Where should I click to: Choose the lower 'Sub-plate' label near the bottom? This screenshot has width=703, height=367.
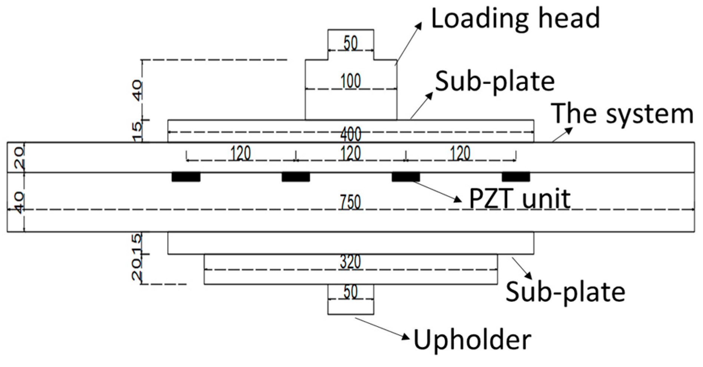click(565, 292)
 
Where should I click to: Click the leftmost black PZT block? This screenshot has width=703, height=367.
click(186, 177)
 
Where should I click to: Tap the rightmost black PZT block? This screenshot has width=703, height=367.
click(516, 177)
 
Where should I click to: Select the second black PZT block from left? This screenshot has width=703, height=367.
click(296, 177)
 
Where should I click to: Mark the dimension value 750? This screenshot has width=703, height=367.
click(351, 203)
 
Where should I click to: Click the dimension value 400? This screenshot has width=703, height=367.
click(351, 134)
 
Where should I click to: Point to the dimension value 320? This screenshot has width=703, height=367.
click(351, 262)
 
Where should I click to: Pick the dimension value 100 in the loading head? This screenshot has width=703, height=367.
click(351, 81)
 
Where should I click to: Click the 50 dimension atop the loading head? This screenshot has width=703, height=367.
click(351, 43)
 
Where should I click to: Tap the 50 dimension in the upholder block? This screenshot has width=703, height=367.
click(351, 292)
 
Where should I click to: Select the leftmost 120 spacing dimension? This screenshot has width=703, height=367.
click(241, 153)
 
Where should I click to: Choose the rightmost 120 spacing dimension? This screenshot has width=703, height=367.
click(461, 153)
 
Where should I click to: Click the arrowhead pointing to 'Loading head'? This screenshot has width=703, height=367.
click(419, 25)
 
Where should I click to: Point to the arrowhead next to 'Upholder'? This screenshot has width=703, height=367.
click(406, 338)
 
